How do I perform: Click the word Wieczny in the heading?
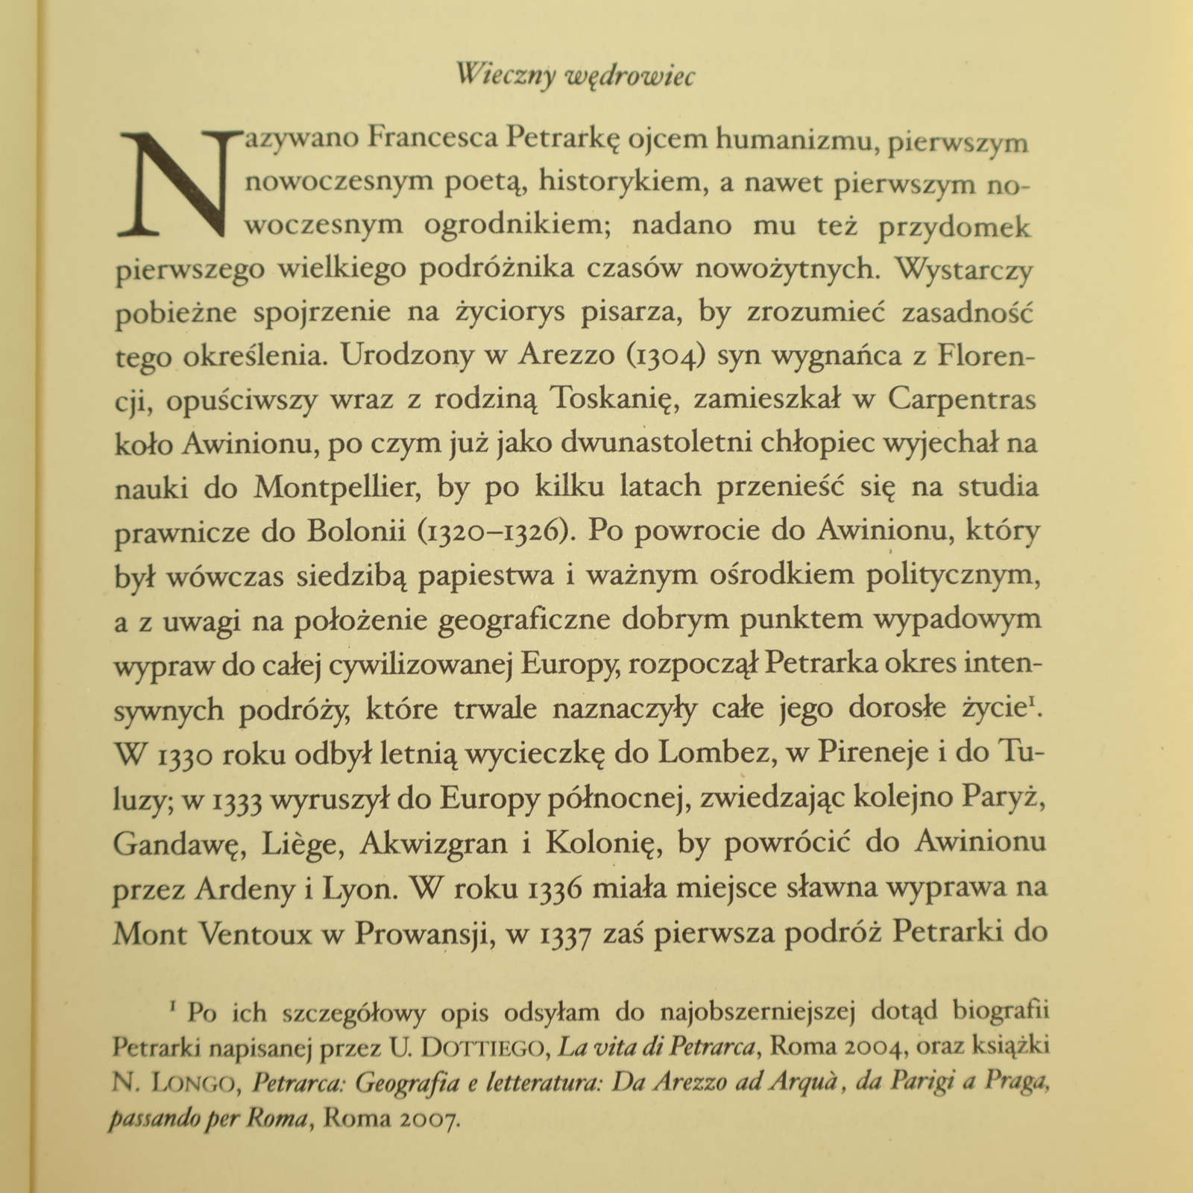tap(506, 75)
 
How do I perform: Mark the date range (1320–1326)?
tap(494, 532)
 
